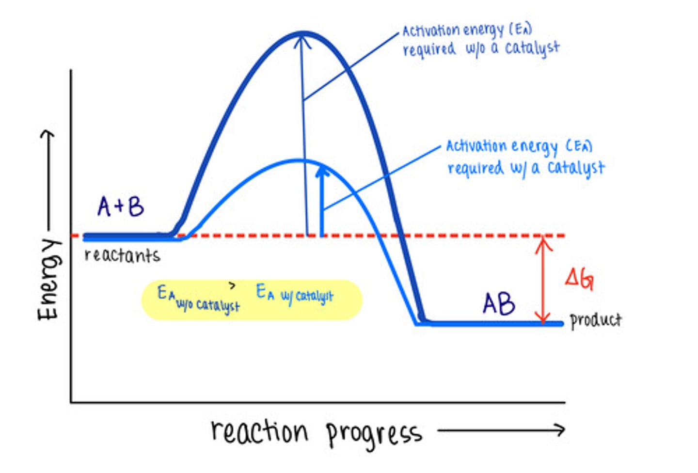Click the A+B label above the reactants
pyautogui.click(x=121, y=206)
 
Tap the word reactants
pyautogui.click(x=122, y=255)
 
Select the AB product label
pyautogui.click(x=499, y=304)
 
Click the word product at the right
pyautogui.click(x=595, y=320)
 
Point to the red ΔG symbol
pyautogui.click(x=579, y=279)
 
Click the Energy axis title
pyautogui.click(x=49, y=279)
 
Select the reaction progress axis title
pyautogui.click(x=316, y=432)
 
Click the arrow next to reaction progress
pyautogui.click(x=501, y=430)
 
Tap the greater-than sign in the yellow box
pyautogui.click(x=233, y=286)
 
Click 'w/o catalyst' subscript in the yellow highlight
pyautogui.click(x=208, y=305)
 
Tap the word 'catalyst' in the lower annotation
pyautogui.click(x=576, y=168)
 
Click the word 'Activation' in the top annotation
pyautogui.click(x=430, y=31)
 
